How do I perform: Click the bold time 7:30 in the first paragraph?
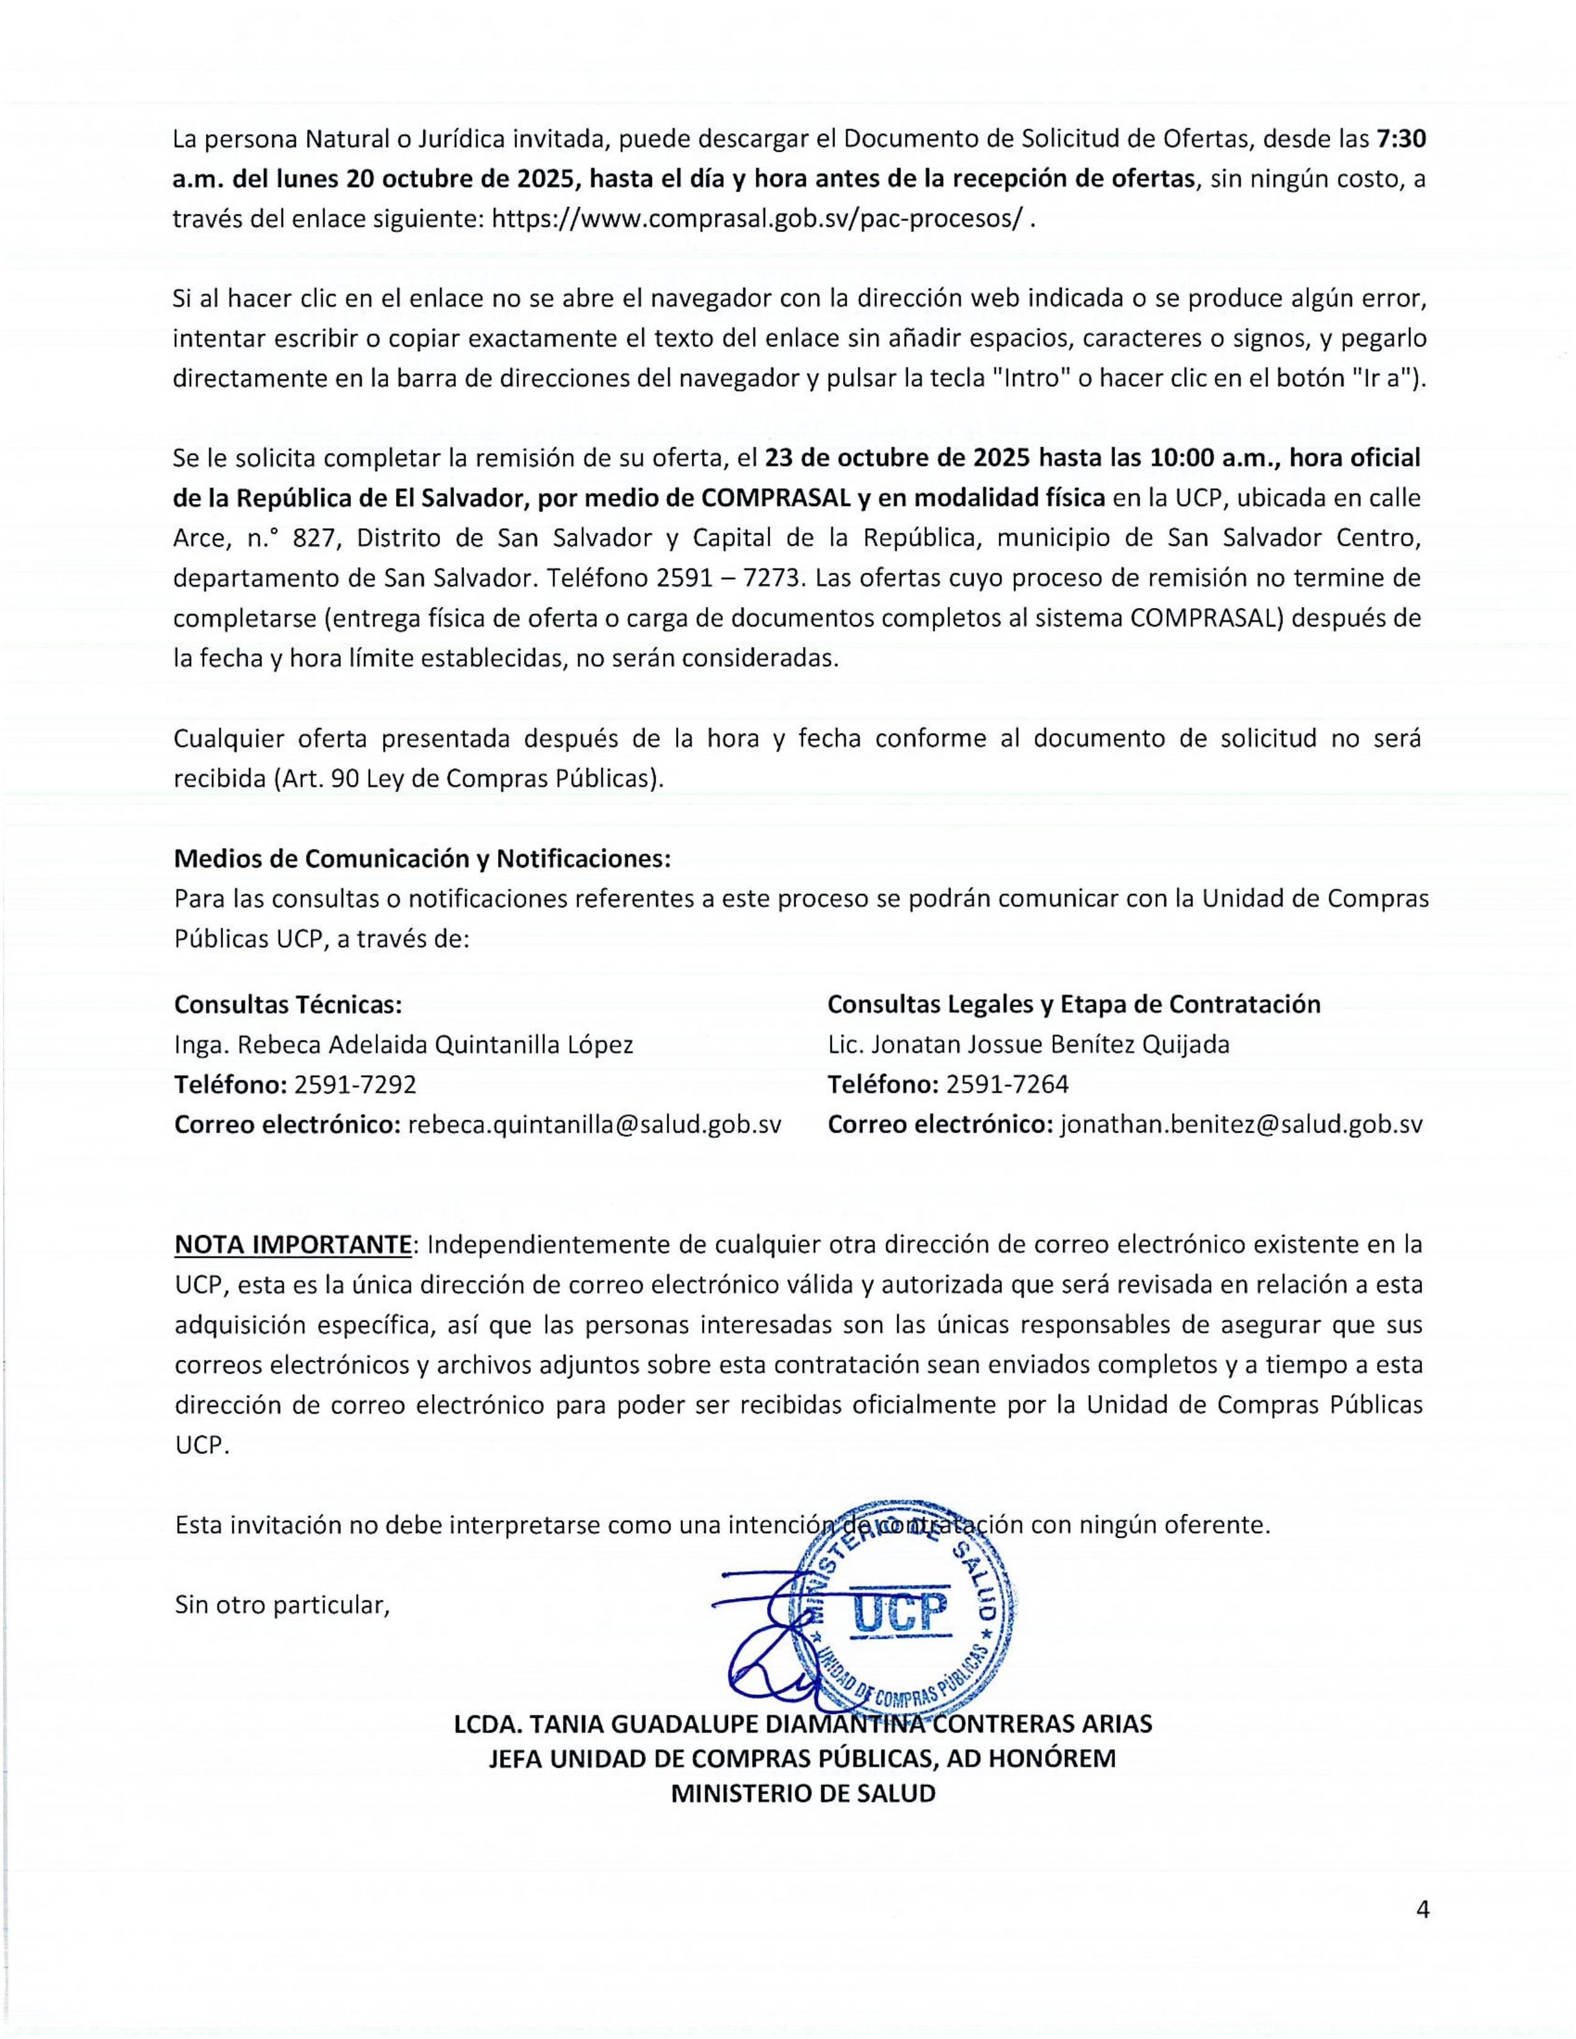tap(1400, 139)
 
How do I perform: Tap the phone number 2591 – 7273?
tap(730, 578)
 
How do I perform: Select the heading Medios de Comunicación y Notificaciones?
tap(422, 858)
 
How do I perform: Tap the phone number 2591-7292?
tap(355, 1084)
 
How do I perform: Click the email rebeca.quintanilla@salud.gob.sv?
tap(594, 1124)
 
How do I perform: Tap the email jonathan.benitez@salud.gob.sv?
tap(1241, 1124)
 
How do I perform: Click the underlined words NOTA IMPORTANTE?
tap(293, 1244)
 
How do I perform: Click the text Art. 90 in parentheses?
tap(316, 779)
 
